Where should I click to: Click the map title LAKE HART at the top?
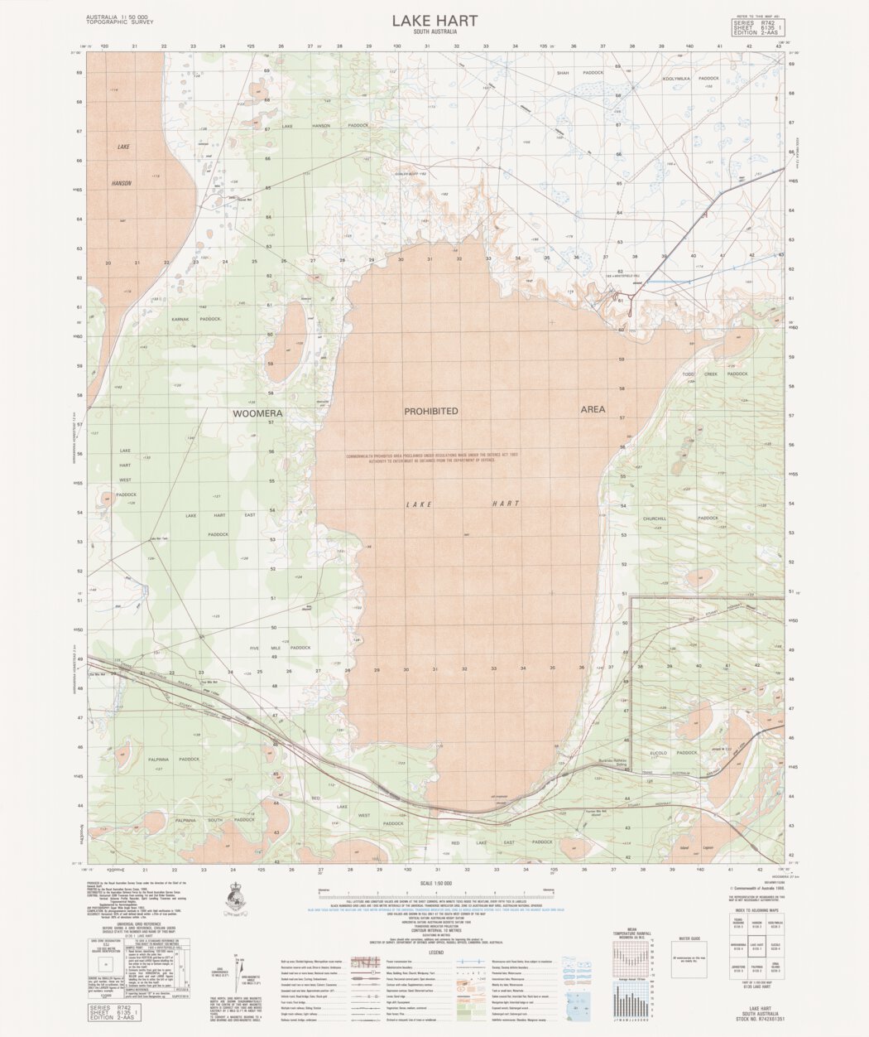tap(434, 20)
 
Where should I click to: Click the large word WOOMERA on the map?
tap(258, 412)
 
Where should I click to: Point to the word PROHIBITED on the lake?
tap(430, 411)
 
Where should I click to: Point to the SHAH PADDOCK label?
tap(581, 73)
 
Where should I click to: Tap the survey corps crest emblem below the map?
tap(233, 898)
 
